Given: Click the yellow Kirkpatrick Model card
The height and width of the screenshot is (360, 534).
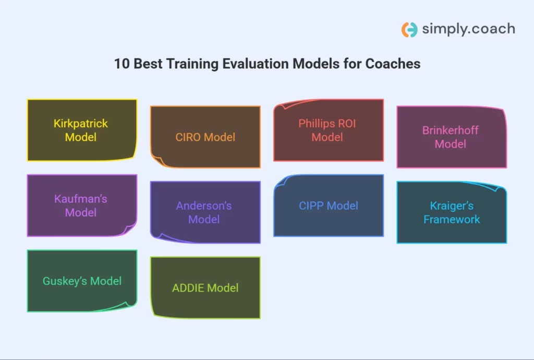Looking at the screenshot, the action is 82,130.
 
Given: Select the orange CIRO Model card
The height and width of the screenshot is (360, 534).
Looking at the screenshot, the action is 205,137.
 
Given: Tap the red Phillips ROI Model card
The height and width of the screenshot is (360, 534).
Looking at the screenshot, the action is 329,130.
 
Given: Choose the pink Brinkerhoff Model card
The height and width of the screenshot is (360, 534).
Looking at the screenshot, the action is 452,137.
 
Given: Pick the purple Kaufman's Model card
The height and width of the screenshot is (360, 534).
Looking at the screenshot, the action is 82,206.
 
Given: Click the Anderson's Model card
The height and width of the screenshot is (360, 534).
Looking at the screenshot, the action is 205,212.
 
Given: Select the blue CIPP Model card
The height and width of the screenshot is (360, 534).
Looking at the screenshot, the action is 329,206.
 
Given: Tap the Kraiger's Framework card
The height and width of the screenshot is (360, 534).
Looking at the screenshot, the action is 452,212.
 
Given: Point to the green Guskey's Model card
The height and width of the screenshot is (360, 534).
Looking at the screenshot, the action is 82,281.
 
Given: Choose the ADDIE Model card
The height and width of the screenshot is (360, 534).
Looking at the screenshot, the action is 205,288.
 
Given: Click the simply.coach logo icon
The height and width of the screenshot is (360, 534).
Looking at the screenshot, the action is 409,30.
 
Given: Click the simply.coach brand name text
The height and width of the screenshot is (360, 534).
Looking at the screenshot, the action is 469,29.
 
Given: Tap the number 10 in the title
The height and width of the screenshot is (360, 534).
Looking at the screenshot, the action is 122,64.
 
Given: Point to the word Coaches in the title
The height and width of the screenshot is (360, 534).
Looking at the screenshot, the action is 393,64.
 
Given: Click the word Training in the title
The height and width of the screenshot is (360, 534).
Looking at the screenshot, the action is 192,64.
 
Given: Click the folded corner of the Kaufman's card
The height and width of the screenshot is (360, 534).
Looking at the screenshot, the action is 129,230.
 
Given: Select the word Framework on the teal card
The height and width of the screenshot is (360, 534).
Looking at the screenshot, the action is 452,219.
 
